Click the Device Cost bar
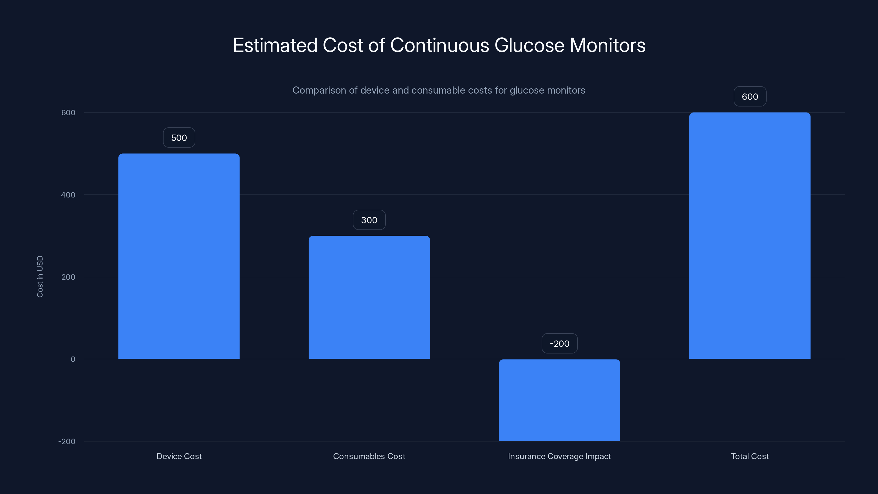[179, 256]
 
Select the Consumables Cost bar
[369, 297]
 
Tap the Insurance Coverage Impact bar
[559, 400]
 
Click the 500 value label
[179, 138]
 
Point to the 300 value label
[369, 220]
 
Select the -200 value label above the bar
[559, 344]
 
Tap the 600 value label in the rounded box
[750, 97]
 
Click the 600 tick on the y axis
[68, 113]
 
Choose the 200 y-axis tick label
[68, 277]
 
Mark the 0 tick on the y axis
[73, 359]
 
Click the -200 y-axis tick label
[67, 442]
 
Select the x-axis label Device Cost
[179, 456]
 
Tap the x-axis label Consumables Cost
[369, 456]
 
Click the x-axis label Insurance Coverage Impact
[559, 456]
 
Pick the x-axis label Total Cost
[750, 456]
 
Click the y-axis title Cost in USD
[40, 276]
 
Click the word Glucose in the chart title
[529, 45]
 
